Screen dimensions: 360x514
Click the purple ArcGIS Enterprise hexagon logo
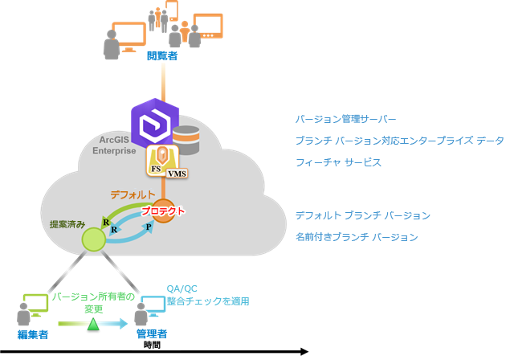(153, 127)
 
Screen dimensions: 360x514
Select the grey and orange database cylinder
(186, 140)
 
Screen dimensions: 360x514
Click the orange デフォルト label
(133, 194)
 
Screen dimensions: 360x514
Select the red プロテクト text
(163, 211)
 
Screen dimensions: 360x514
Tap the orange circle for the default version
(164, 211)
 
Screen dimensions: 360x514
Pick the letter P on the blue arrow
(148, 228)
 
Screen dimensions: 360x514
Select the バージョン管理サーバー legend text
(345, 119)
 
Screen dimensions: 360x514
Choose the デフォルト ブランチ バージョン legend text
(363, 215)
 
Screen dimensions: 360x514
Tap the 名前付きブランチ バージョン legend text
(356, 237)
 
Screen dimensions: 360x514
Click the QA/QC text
(177, 288)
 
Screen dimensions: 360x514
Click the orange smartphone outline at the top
(170, 10)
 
